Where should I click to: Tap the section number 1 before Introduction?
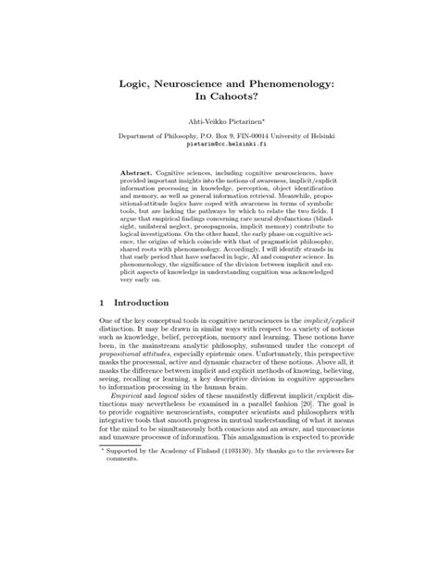point(100,329)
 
